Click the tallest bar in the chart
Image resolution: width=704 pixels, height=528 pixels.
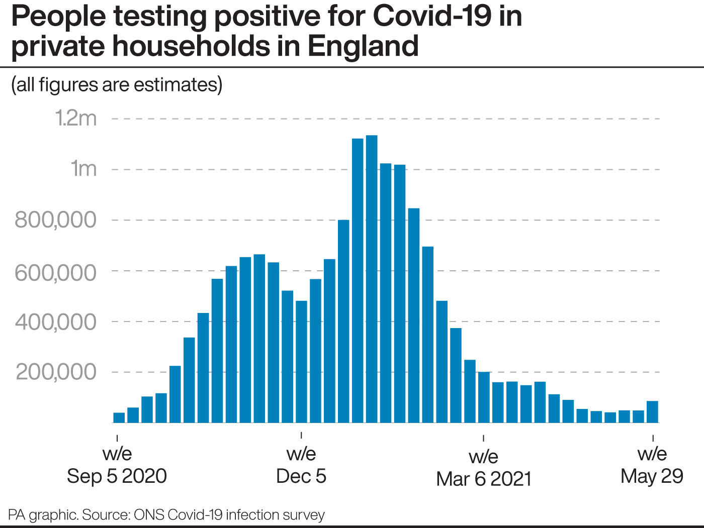[372, 279]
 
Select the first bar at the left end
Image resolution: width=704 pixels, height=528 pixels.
[119, 418]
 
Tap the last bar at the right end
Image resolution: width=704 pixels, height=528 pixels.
[652, 412]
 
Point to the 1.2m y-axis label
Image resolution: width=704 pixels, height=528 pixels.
[76, 118]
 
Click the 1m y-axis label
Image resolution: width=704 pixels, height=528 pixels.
[83, 169]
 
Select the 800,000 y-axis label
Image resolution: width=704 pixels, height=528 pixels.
[55, 220]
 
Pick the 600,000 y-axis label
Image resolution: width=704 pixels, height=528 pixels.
[55, 273]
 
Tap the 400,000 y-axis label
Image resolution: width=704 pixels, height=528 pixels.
[55, 323]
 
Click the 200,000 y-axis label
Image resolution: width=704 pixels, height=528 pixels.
[56, 372]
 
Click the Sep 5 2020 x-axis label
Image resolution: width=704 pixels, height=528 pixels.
[117, 476]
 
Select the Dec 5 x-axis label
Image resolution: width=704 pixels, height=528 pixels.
[301, 476]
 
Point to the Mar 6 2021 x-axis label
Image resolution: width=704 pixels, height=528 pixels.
[484, 479]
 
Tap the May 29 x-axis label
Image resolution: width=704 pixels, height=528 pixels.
[652, 477]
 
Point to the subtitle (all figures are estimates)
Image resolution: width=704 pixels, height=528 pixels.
[117, 84]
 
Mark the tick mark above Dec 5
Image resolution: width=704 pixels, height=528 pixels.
[301, 435]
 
